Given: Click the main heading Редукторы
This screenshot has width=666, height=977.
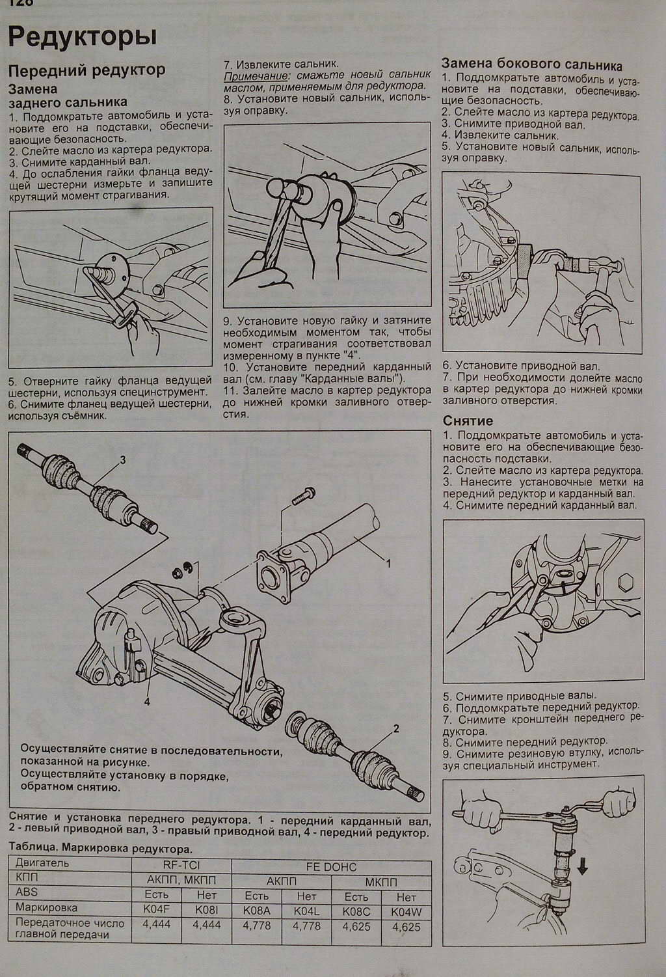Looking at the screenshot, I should click(x=82, y=36).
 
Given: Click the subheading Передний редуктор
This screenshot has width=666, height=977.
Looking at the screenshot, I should click(x=87, y=70).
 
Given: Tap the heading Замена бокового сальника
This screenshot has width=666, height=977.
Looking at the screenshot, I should click(x=531, y=64).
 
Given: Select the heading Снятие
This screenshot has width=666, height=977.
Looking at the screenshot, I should click(x=468, y=420).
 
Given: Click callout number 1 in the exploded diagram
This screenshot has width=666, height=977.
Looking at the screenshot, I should click(x=388, y=562).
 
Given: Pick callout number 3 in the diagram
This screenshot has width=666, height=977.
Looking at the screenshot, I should click(x=122, y=460).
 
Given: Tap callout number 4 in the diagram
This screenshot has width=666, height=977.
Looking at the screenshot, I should click(x=147, y=702).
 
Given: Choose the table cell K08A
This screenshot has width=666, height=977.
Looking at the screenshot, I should click(x=256, y=911).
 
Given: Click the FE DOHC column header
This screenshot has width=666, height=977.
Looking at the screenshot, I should click(x=331, y=867).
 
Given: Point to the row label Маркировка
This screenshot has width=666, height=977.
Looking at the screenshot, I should click(x=47, y=907).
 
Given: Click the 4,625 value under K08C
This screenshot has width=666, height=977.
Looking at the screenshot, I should click(x=356, y=927).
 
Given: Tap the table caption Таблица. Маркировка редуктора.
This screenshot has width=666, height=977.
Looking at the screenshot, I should click(x=101, y=849).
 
